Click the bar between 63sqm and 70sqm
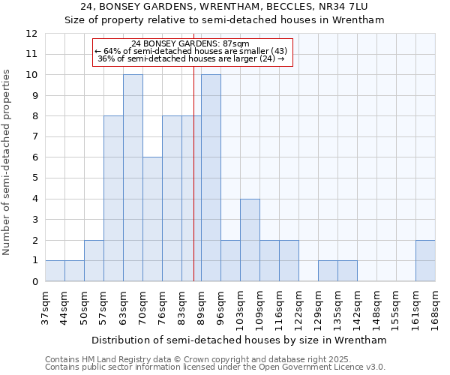click(x=133, y=178)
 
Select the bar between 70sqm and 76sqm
click(x=152, y=220)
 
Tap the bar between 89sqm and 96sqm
click(x=211, y=178)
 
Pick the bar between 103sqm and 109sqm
click(x=250, y=240)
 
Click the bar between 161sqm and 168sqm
click(x=425, y=261)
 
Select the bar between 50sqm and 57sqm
click(x=94, y=261)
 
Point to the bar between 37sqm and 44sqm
click(x=55, y=271)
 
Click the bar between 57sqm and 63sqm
click(x=113, y=199)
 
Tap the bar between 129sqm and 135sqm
click(x=328, y=271)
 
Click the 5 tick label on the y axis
click(x=34, y=178)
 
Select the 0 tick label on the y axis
click(x=34, y=281)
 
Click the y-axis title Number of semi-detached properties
click(x=7, y=162)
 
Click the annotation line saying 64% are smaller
click(x=191, y=51)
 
